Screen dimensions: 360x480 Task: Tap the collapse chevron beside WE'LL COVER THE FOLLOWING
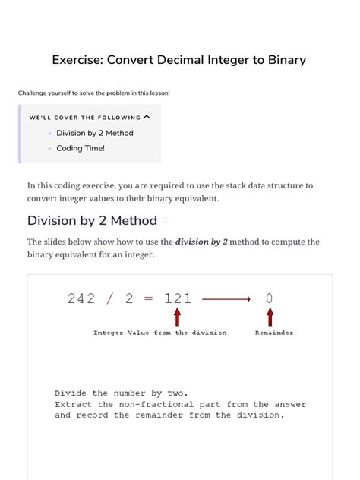147,117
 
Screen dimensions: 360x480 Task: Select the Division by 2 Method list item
94,133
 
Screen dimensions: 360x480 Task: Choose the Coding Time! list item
81,148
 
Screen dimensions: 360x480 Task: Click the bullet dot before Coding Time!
50,149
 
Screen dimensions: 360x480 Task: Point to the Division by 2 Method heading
91,221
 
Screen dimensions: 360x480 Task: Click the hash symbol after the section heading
165,221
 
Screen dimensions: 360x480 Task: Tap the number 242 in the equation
81,298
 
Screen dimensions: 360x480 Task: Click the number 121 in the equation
178,298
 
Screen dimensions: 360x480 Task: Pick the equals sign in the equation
148,298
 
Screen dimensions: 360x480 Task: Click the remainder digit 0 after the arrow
270,298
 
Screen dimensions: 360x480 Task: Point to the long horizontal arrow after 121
226,299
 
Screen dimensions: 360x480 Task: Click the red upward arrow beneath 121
178,316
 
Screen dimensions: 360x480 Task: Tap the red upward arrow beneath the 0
270,316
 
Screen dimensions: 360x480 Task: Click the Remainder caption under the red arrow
274,333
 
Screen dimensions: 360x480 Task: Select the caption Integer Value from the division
159,333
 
